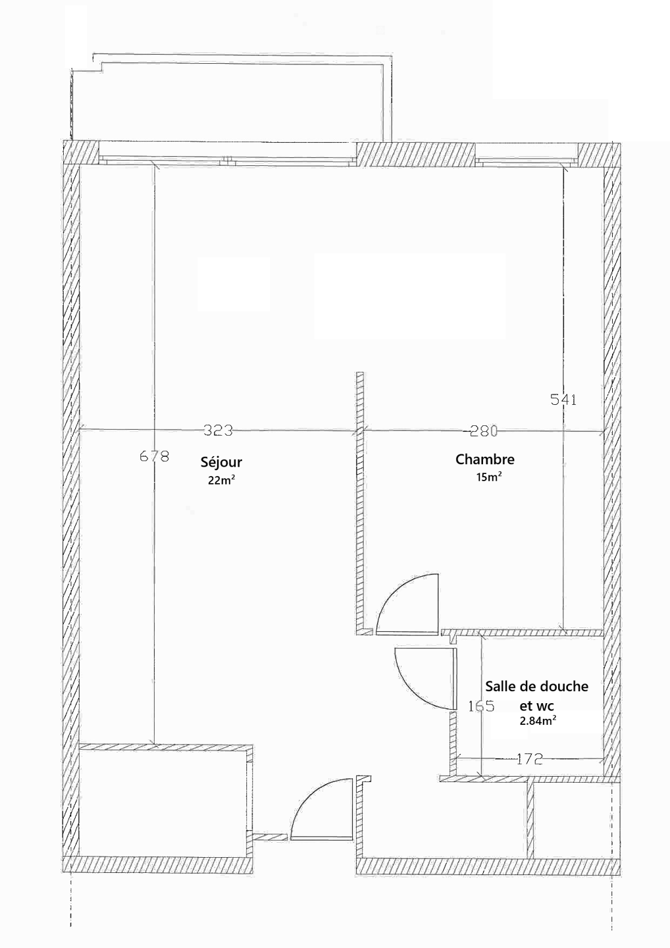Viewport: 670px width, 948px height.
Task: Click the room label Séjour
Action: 221,463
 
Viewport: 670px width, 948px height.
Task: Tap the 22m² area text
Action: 222,481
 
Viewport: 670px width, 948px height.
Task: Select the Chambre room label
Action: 485,460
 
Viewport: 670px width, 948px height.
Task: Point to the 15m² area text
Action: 489,477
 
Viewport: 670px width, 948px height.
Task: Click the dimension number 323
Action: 219,431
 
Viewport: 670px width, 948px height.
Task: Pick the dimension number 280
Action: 484,431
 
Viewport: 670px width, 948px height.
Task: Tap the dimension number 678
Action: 155,456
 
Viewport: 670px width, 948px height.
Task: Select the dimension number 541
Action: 563,400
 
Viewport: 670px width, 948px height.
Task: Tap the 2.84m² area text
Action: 538,721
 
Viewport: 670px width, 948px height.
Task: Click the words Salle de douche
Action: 537,686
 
